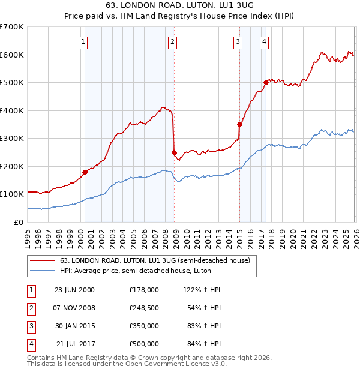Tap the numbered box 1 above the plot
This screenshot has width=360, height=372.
[82, 41]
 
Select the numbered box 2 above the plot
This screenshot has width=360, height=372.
[172, 41]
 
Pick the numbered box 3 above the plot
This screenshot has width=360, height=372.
[238, 41]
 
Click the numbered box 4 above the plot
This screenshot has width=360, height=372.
[264, 41]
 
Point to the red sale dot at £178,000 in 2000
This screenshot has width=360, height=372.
[85, 172]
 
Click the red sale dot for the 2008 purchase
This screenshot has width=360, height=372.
[174, 153]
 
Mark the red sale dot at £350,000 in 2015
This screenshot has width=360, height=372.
[239, 124]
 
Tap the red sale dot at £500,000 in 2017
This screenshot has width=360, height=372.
[266, 82]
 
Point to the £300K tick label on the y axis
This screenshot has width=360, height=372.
[12, 138]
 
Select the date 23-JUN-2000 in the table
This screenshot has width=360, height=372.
[75, 289]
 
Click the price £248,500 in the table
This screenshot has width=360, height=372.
[143, 308]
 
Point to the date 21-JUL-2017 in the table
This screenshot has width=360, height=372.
[75, 344]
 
